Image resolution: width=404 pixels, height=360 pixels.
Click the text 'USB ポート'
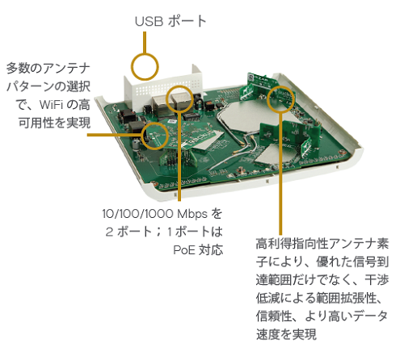click(170, 21)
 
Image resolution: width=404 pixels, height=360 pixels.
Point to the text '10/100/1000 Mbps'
click(155, 214)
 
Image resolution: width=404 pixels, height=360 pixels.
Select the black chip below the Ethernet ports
click(191, 116)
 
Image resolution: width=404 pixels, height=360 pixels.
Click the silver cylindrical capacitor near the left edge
click(137, 145)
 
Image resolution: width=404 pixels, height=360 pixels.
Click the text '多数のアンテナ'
click(48, 68)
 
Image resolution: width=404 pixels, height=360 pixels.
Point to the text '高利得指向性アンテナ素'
click(322, 244)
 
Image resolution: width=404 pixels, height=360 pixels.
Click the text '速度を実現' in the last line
click(286, 334)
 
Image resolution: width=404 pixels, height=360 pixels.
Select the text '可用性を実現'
click(54, 123)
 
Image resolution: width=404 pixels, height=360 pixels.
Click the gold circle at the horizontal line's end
click(154, 123)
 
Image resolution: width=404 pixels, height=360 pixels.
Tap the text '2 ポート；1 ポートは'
click(164, 232)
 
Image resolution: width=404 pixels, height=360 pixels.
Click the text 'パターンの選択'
click(48, 86)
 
